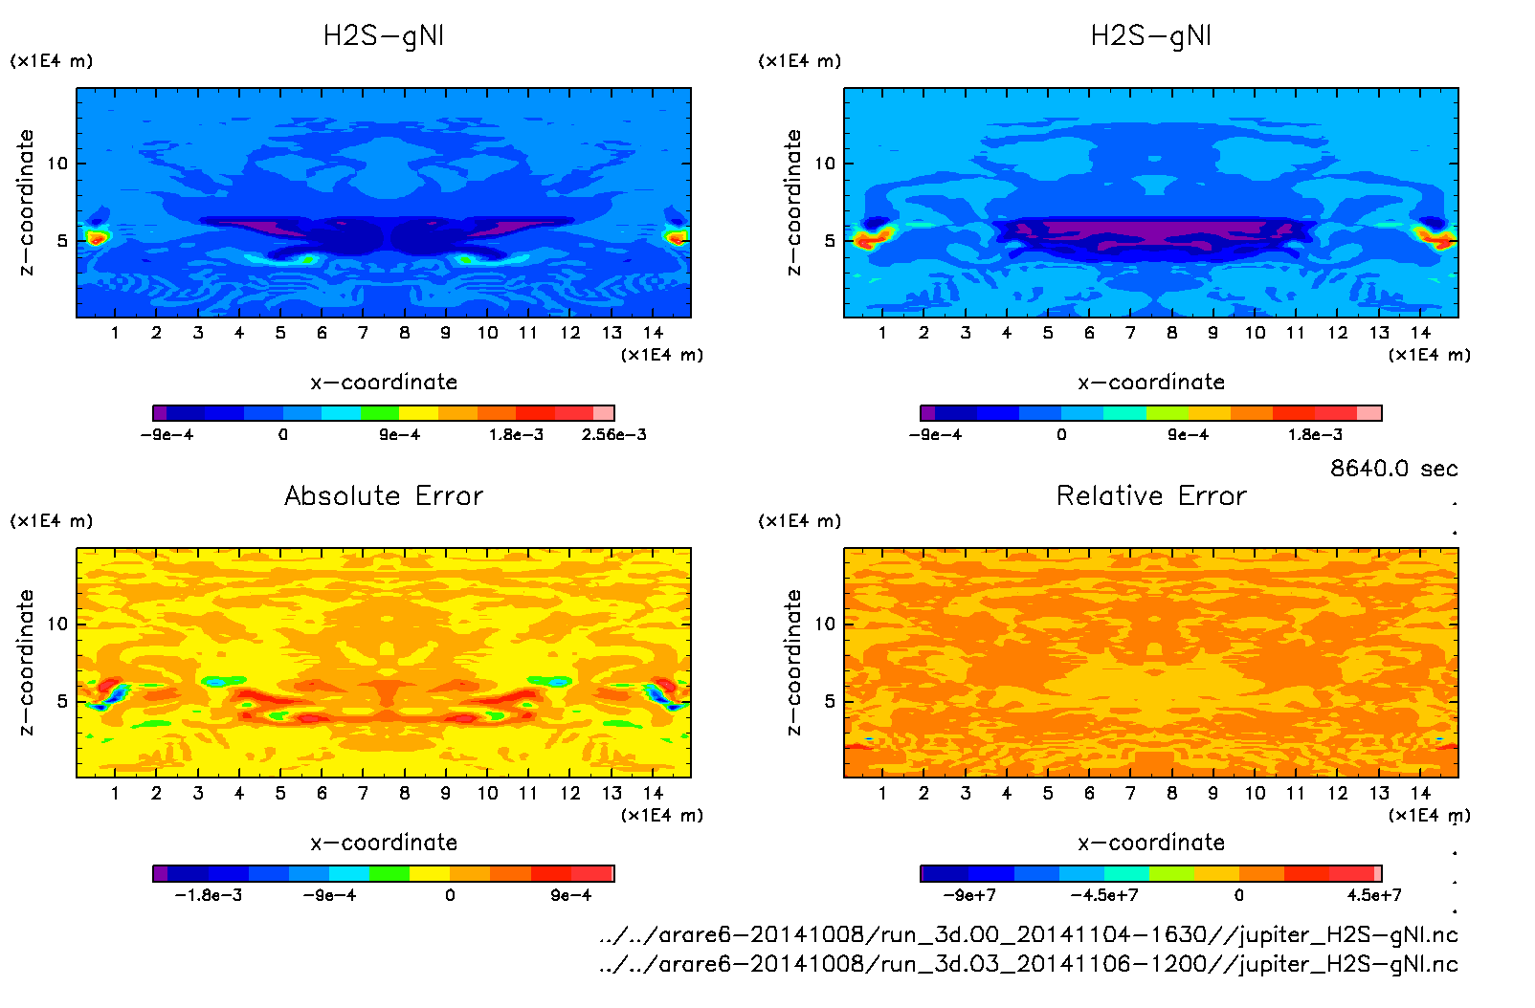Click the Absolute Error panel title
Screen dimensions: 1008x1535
[384, 495]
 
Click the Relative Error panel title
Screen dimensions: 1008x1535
[1151, 495]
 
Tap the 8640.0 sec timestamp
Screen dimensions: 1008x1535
[1393, 469]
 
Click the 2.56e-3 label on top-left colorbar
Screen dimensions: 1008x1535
[613, 435]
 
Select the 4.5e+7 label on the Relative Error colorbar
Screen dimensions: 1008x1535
[1374, 895]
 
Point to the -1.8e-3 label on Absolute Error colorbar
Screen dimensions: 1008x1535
[209, 895]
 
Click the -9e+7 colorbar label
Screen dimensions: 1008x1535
[969, 895]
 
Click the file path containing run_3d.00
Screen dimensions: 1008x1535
[1029, 934]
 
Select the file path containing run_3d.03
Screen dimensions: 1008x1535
[1029, 964]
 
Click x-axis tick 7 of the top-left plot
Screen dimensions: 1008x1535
[363, 333]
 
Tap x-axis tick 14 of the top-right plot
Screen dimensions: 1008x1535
[1420, 333]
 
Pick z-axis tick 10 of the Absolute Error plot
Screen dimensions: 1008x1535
[58, 624]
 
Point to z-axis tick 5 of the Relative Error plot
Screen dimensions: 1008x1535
[830, 701]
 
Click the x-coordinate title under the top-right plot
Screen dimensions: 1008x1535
[1151, 383]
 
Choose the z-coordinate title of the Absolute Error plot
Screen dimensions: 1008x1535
[27, 662]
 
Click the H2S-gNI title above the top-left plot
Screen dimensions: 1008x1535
[384, 36]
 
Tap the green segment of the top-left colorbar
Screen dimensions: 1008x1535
[380, 413]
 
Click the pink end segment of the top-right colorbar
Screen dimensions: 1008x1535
[1369, 413]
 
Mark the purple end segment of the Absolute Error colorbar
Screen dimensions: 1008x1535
[160, 873]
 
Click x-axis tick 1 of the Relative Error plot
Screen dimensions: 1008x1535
[882, 793]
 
